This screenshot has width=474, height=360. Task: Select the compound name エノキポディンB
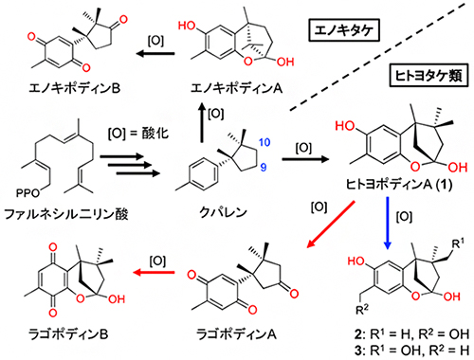(54, 93)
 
